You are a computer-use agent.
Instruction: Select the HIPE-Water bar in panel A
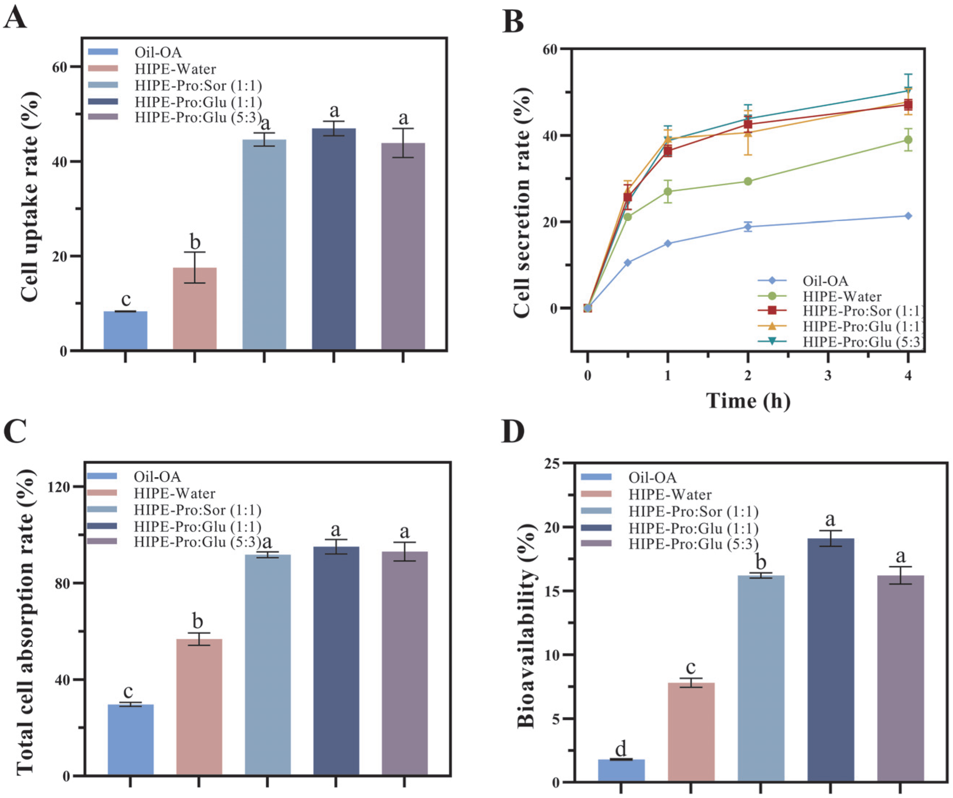(x=195, y=308)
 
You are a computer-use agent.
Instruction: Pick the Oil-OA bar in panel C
(x=131, y=739)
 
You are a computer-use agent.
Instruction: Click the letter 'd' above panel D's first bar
(x=620, y=749)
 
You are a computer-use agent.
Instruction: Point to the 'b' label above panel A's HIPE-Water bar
(x=195, y=242)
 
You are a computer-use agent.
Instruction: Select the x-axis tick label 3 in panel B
(x=828, y=376)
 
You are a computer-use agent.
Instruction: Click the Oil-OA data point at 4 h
(x=908, y=216)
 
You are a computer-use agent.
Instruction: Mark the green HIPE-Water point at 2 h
(x=748, y=181)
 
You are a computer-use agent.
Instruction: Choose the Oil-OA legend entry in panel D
(x=652, y=477)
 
